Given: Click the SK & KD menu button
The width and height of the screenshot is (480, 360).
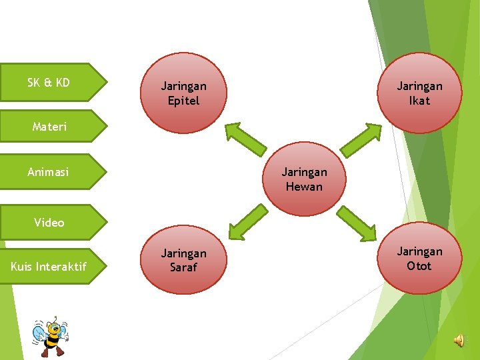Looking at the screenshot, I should point(50,83).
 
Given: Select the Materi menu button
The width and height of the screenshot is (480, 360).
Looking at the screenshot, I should point(50,126).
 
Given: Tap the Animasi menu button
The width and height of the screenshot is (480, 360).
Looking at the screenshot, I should point(50,172).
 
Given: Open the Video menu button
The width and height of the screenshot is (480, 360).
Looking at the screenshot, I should point(50,223).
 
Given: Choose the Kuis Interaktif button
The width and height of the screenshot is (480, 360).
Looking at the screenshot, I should point(50,267).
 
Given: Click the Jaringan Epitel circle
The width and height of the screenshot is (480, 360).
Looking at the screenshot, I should point(184,93).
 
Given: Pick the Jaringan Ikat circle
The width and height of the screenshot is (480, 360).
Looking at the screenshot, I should point(419,93).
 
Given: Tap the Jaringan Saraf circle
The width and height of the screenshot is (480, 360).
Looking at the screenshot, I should point(184,261).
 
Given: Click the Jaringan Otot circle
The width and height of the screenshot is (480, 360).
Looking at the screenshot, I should point(419,259).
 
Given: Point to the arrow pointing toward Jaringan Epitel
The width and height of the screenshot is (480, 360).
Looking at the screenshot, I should point(245,139).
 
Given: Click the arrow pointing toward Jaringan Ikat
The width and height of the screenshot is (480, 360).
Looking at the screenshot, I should point(361,139).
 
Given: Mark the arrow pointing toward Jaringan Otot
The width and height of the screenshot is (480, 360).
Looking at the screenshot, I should point(357,223).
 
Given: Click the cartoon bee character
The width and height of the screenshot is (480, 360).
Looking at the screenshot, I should point(51,337).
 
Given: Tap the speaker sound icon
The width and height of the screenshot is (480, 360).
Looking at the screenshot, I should point(459,341).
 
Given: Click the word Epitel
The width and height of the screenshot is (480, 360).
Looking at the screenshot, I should point(184,101).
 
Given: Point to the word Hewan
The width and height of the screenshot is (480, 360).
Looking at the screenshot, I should point(304,187).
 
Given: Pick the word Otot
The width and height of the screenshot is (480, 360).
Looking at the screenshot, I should point(419,266).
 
